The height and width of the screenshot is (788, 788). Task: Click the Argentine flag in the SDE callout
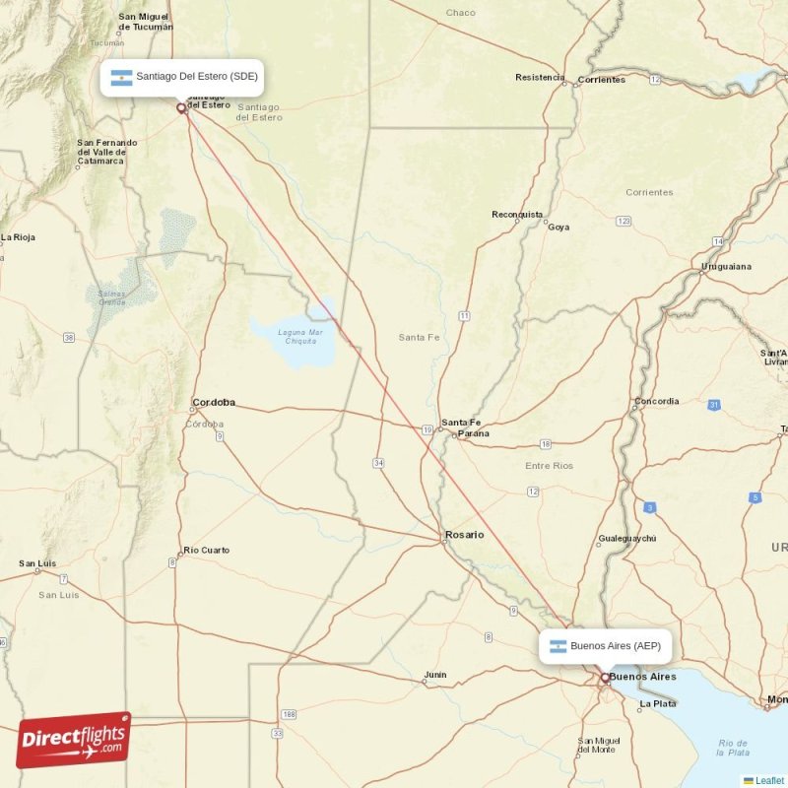pos(122,77)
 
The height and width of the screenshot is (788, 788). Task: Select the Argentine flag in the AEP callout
pos(558,646)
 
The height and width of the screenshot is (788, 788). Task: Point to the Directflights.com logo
pos(74,740)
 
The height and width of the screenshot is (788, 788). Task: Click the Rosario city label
pos(464,535)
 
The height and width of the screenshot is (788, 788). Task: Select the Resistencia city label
pos(540,77)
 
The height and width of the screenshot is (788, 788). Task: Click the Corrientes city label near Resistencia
pos(601,80)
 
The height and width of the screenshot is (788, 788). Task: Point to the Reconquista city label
pos(517,214)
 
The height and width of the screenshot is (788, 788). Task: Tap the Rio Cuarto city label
pos(206,551)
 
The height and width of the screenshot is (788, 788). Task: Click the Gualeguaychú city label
pos(626,539)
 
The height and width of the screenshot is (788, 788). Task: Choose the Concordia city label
pos(656,401)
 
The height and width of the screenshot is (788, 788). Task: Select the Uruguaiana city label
pos(727,266)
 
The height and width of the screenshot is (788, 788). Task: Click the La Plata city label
pos(657,703)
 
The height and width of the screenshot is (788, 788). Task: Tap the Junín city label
pos(433,676)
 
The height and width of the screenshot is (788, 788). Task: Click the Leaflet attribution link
pos(768,780)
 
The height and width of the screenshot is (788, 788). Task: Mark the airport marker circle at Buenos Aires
pos(605,678)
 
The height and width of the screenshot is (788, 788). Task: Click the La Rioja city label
pos(19,237)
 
